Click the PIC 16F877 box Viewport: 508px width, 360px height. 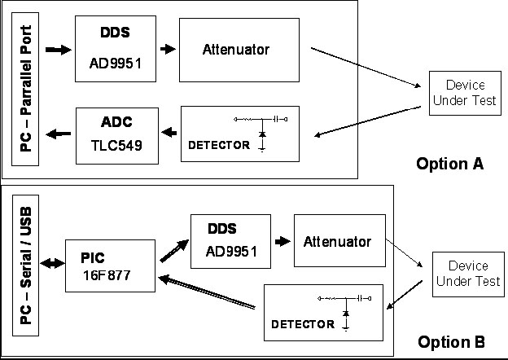(x=111, y=265)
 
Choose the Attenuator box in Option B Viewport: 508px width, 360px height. (x=337, y=242)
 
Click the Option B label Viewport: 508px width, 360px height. (x=451, y=341)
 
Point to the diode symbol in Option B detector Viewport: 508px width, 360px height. (x=345, y=313)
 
